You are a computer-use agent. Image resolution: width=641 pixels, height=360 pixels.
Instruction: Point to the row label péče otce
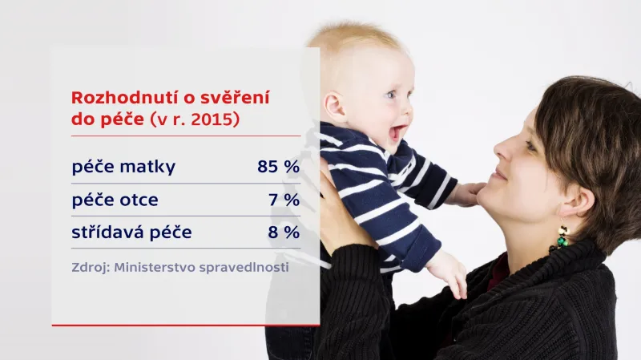115,200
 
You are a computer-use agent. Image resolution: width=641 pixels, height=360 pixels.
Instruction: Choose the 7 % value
286,200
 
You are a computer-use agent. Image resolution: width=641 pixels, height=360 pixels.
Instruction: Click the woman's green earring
562,237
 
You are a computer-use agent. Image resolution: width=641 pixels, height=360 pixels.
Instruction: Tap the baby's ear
333,106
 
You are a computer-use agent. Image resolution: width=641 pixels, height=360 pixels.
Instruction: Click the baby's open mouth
396,131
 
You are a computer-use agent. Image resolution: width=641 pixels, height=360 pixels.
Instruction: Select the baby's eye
390,95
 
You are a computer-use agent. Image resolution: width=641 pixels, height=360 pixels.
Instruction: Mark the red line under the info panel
186,326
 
